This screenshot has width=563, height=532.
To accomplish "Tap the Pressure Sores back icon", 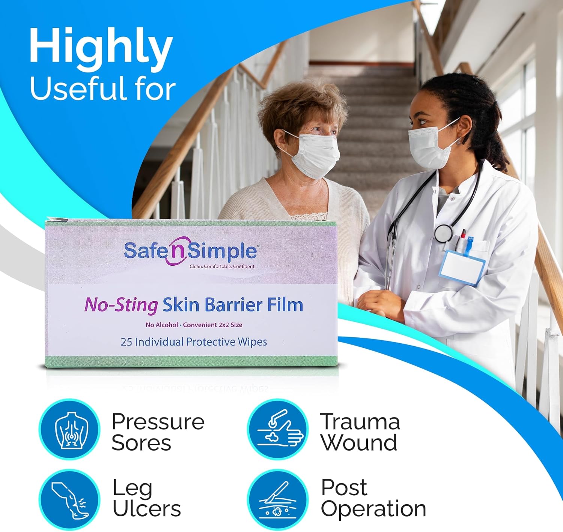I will pos(70,429).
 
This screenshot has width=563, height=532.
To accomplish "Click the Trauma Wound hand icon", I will pos(278,429).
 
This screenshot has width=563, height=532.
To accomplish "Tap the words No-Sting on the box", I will pos(121,305).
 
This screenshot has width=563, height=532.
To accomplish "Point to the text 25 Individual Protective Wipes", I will pos(194,342).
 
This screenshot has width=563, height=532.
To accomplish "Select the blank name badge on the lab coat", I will pos(462,267).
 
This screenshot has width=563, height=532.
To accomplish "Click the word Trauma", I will pos(360,422).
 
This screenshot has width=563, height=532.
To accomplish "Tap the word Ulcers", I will pos(147,509).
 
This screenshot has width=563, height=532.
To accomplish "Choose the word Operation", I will pos(373,509).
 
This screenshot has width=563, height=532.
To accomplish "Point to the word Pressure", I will pos(158,422).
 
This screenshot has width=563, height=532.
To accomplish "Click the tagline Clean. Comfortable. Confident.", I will pos(222,267).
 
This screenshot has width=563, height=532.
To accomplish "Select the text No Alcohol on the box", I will pos(162,325).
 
